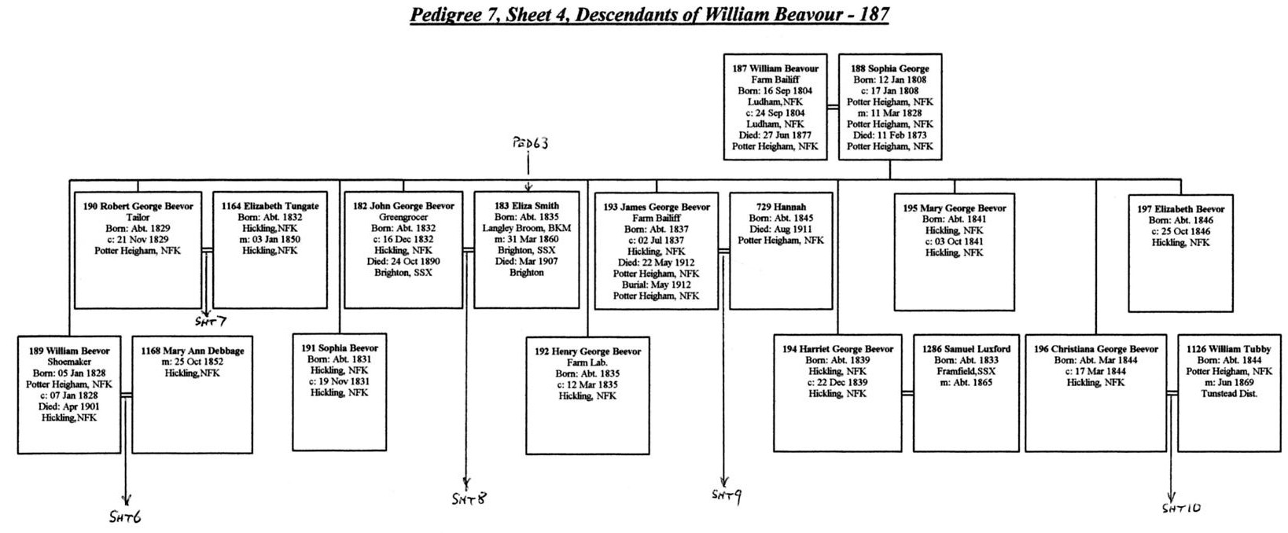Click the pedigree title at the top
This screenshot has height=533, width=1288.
click(x=650, y=15)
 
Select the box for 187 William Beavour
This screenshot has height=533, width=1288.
click(x=775, y=107)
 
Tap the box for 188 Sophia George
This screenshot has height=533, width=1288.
click(x=890, y=107)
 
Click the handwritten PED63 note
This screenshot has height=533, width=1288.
click(x=530, y=143)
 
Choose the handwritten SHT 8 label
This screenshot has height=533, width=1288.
click(x=469, y=498)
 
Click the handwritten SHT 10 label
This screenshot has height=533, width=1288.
click(x=1181, y=508)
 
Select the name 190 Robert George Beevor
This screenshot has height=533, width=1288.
click(x=138, y=206)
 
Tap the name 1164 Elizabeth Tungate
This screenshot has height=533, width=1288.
click(x=270, y=206)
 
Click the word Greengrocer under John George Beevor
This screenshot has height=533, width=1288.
click(x=403, y=217)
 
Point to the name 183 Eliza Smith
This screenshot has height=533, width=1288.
click(x=527, y=206)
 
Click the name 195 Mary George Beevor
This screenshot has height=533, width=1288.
click(x=955, y=208)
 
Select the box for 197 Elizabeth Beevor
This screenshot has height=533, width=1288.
click(x=1180, y=253)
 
